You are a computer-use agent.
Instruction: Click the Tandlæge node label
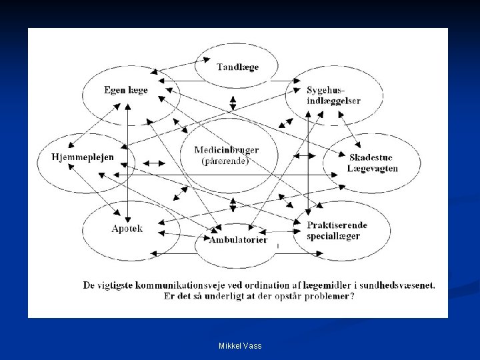[x=237, y=67]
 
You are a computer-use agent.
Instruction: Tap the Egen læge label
[x=126, y=90]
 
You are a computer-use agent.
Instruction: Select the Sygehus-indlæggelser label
[x=333, y=95]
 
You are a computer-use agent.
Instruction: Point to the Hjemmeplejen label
[x=83, y=157]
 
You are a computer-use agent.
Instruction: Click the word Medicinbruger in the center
[x=227, y=150]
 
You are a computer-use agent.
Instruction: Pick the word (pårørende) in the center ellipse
[x=225, y=161]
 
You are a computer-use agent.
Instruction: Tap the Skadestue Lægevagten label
[x=373, y=163]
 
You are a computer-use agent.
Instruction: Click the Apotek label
[x=127, y=229]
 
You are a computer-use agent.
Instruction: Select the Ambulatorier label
[x=239, y=239]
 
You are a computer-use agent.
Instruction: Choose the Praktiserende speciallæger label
[x=337, y=231]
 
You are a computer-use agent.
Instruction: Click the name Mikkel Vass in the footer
[x=240, y=345]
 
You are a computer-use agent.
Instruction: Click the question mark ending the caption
[x=352, y=296]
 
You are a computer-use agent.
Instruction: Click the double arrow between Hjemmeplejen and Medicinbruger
[x=155, y=163]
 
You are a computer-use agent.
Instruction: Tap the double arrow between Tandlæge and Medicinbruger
[x=233, y=103]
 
